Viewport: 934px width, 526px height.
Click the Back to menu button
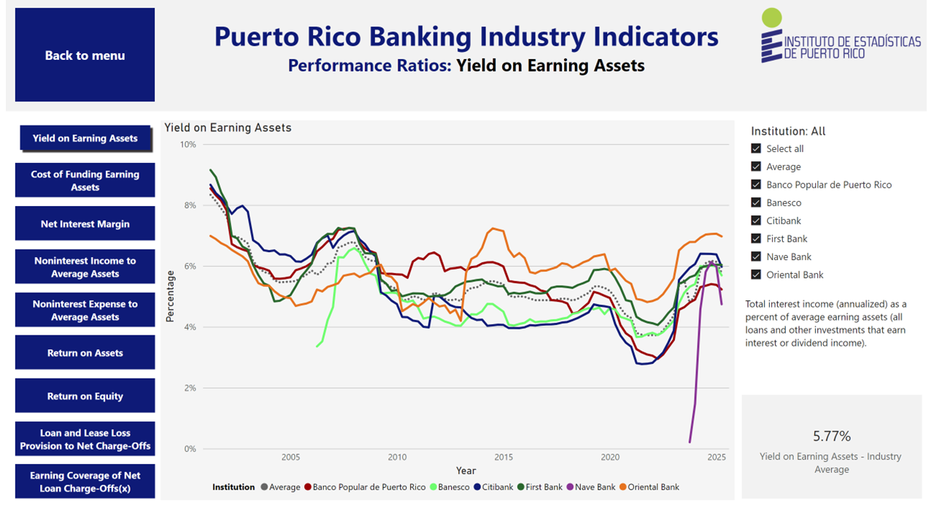85,56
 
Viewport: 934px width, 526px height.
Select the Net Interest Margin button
85,224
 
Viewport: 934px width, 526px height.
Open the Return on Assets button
85,353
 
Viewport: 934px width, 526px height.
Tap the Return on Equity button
85,396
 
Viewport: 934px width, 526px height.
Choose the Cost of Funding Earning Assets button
85,180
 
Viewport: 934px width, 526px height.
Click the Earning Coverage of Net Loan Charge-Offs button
85,481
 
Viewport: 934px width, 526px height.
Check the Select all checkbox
756,149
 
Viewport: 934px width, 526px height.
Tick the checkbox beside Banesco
756,203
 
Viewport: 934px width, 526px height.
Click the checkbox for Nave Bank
756,257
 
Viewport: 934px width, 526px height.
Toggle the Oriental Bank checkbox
756,275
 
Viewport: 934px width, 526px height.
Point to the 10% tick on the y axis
188,145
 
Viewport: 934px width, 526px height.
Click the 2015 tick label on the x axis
503,458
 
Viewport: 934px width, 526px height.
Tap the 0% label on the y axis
190,449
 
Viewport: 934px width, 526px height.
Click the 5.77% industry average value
832,437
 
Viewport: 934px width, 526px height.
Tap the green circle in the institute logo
771,18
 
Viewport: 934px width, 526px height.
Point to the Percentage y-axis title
170,296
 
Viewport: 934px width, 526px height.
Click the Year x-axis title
466,470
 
